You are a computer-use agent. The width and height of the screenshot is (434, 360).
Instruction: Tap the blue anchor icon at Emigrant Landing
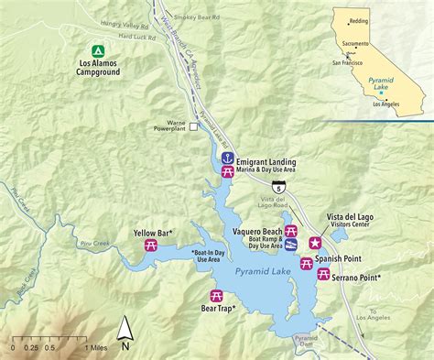coord(228,157)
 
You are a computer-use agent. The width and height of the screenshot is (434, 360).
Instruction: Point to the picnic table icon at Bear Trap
coord(217,296)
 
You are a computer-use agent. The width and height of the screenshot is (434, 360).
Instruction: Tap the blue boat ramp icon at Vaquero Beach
coord(291,245)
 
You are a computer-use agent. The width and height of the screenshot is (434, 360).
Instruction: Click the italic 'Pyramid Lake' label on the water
coord(262,272)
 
